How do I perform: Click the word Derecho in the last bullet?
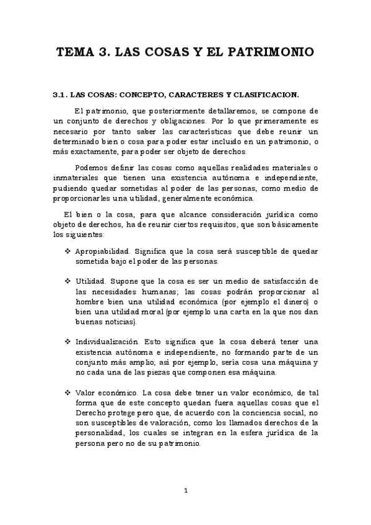tap(90, 412)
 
